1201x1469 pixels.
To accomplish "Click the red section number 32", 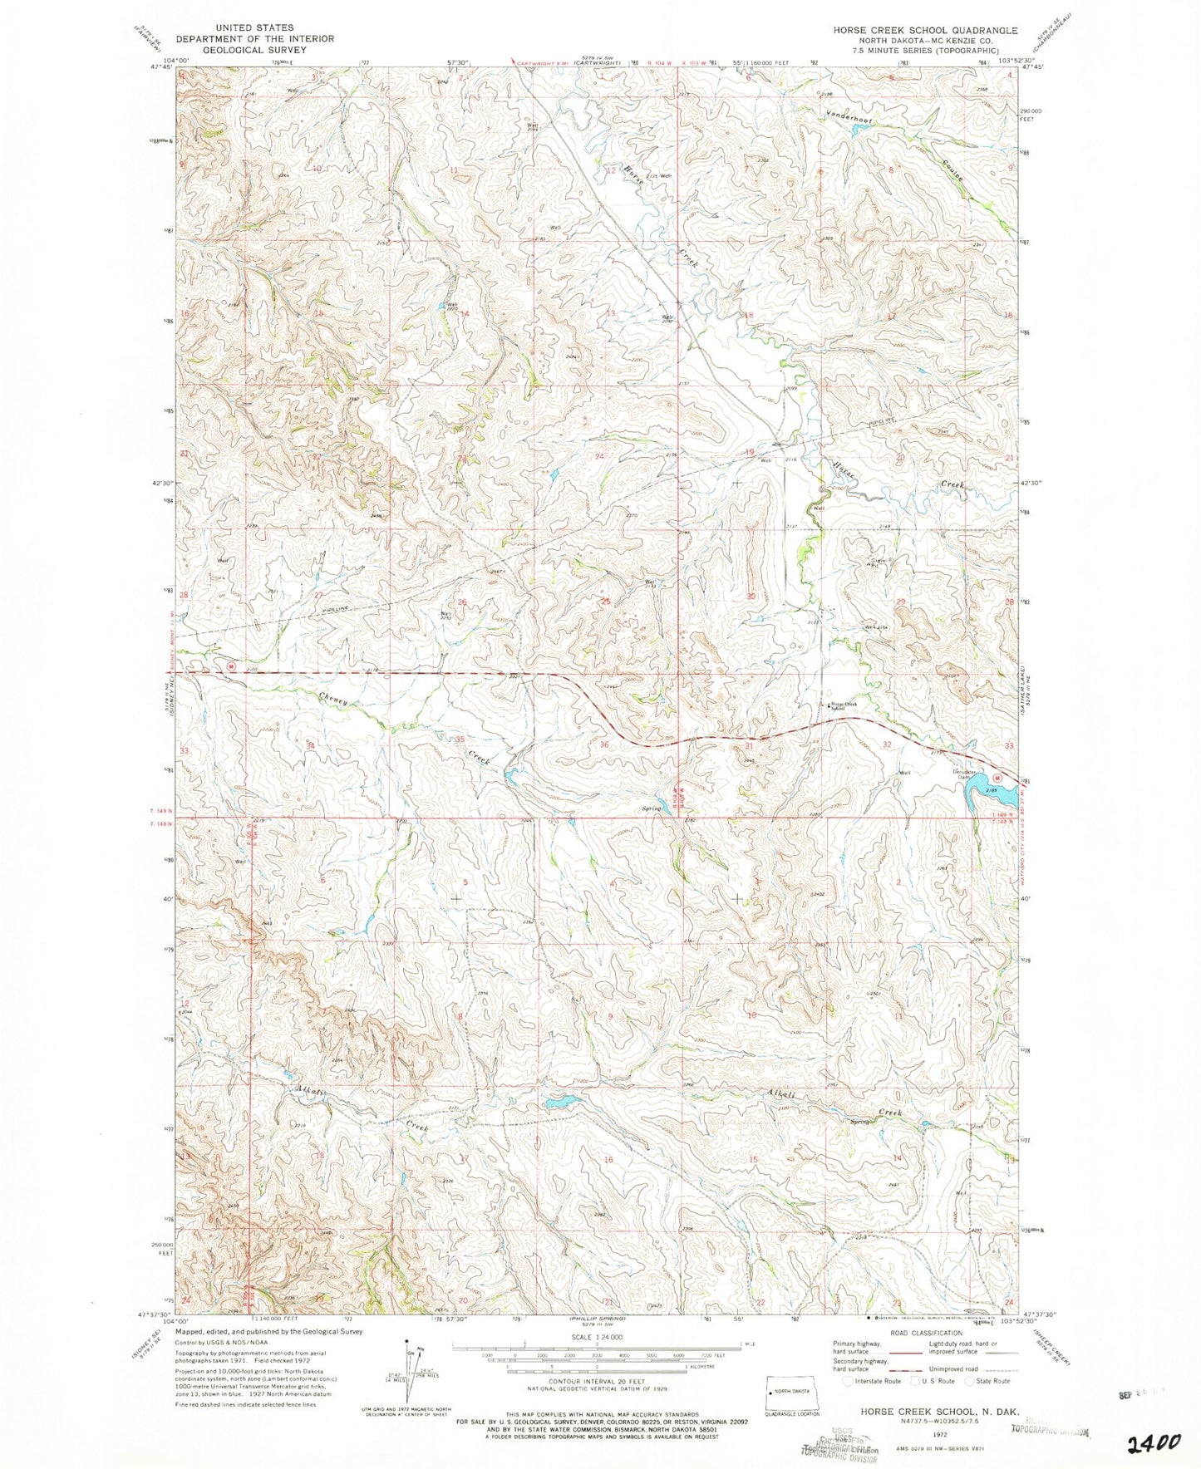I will click(x=887, y=745).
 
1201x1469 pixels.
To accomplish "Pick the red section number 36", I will click(x=604, y=744).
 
